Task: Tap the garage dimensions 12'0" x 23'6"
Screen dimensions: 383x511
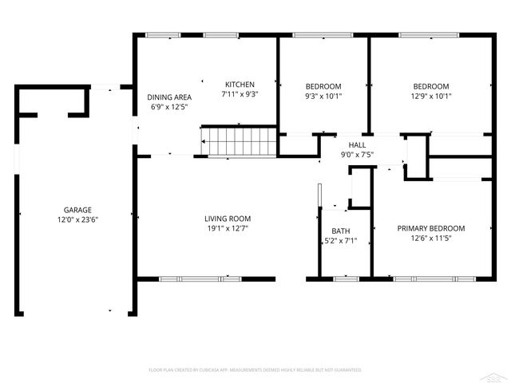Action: [77, 219]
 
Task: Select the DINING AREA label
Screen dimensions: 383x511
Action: [169, 97]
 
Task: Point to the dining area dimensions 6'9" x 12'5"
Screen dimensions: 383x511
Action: [169, 108]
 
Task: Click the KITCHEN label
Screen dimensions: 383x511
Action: [240, 85]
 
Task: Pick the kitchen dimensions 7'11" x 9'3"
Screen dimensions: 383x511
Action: [240, 94]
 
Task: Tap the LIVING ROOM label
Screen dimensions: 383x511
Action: [228, 219]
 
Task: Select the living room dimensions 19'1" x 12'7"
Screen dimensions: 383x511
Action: [228, 229]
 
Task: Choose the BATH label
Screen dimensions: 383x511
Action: [341, 231]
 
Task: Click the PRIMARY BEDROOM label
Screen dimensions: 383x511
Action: [431, 228]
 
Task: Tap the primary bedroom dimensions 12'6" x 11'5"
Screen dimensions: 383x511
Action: [431, 238]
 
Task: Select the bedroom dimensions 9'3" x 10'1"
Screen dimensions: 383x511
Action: [323, 97]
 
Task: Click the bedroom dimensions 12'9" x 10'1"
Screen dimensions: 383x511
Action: [431, 97]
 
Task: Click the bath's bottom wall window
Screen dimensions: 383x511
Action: [345, 278]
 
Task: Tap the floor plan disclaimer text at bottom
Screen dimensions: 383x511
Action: [255, 370]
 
